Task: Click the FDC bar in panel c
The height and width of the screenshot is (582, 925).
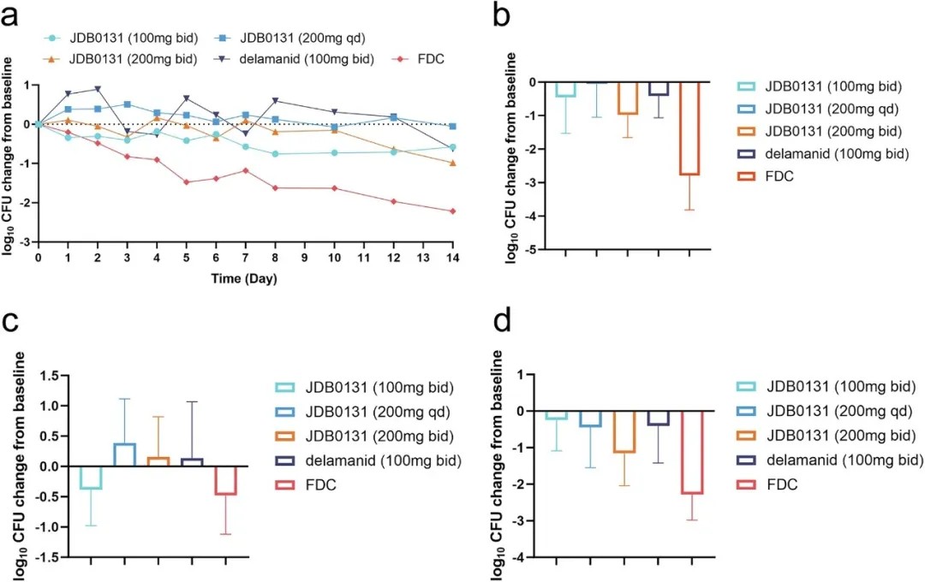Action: (x=225, y=480)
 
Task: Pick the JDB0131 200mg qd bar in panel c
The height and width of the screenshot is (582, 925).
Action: (x=125, y=454)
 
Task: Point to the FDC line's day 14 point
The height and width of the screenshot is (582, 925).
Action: (x=451, y=211)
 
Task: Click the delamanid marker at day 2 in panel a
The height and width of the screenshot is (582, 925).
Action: (x=98, y=89)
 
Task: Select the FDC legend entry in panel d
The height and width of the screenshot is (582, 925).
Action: (x=779, y=484)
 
